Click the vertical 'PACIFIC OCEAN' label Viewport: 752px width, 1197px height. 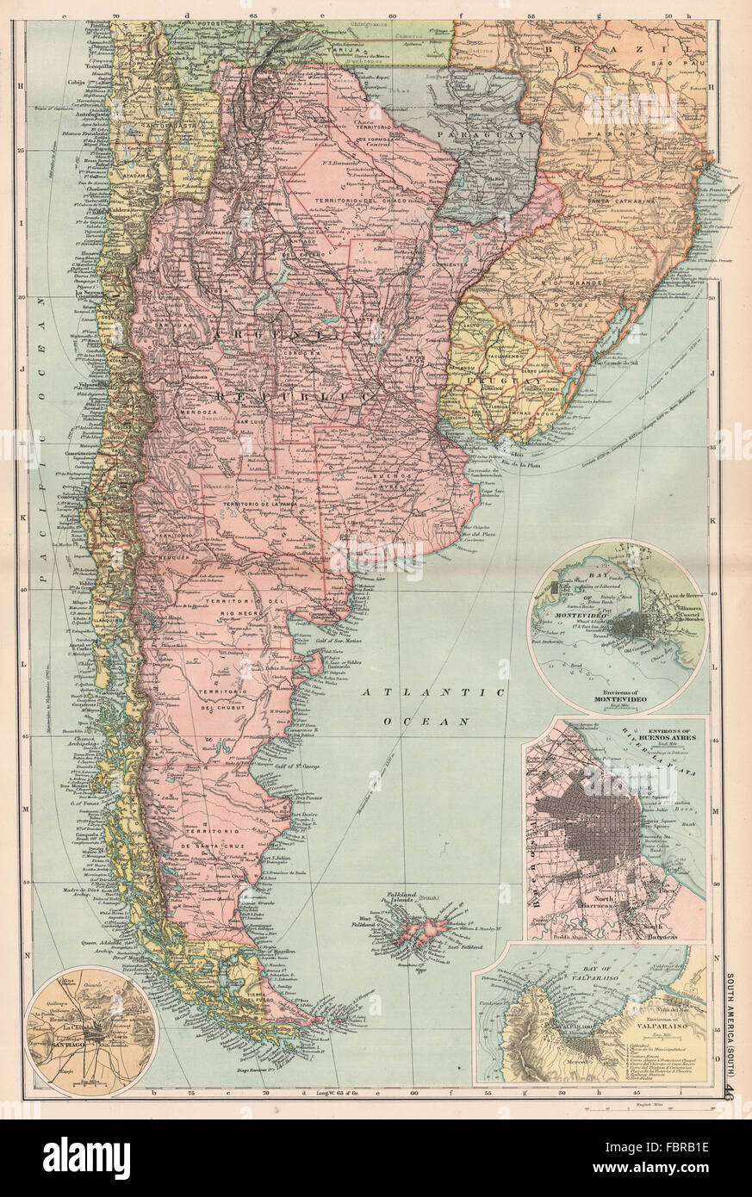click(x=37, y=370)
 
